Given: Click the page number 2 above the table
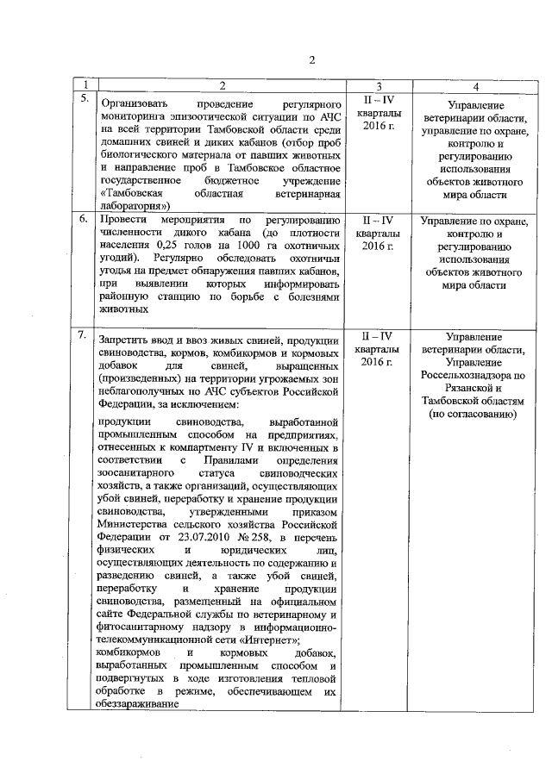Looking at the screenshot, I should coord(313,59).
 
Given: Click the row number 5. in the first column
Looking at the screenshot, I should coord(85,98).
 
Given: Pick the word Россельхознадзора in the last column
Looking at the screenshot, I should coord(472,375).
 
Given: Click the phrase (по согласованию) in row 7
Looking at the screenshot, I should coord(472,415).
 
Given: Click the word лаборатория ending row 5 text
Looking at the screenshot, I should coord(134,206).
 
